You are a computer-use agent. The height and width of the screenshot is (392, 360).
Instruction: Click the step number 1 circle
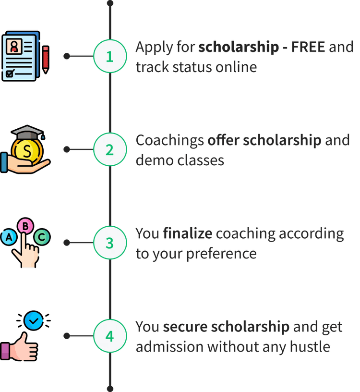pyautogui.click(x=109, y=57)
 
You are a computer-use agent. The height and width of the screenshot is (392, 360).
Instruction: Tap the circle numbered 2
pyautogui.click(x=109, y=150)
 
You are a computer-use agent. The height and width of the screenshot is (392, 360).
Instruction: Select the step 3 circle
pyautogui.click(x=109, y=243)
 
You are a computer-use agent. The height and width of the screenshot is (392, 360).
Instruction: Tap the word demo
pyautogui.click(x=153, y=160)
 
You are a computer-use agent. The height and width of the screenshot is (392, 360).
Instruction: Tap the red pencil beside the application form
pyautogui.click(x=46, y=60)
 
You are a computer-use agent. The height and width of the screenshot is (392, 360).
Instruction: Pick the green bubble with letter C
pyautogui.click(x=42, y=236)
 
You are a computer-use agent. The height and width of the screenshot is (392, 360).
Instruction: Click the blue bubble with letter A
pyautogui.click(x=8, y=237)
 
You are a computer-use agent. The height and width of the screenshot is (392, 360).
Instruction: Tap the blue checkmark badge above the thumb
pyautogui.click(x=33, y=320)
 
